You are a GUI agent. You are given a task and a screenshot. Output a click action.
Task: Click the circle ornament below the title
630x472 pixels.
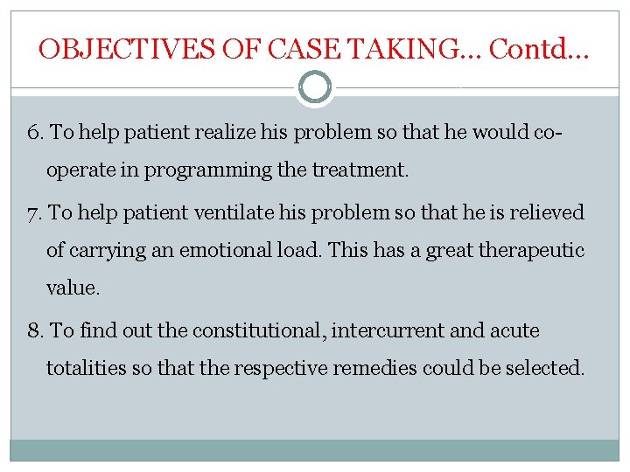tap(315, 87)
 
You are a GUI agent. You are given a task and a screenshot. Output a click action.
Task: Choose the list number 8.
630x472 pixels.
tap(36, 330)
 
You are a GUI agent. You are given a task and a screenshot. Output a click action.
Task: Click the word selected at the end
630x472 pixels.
tap(547, 368)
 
